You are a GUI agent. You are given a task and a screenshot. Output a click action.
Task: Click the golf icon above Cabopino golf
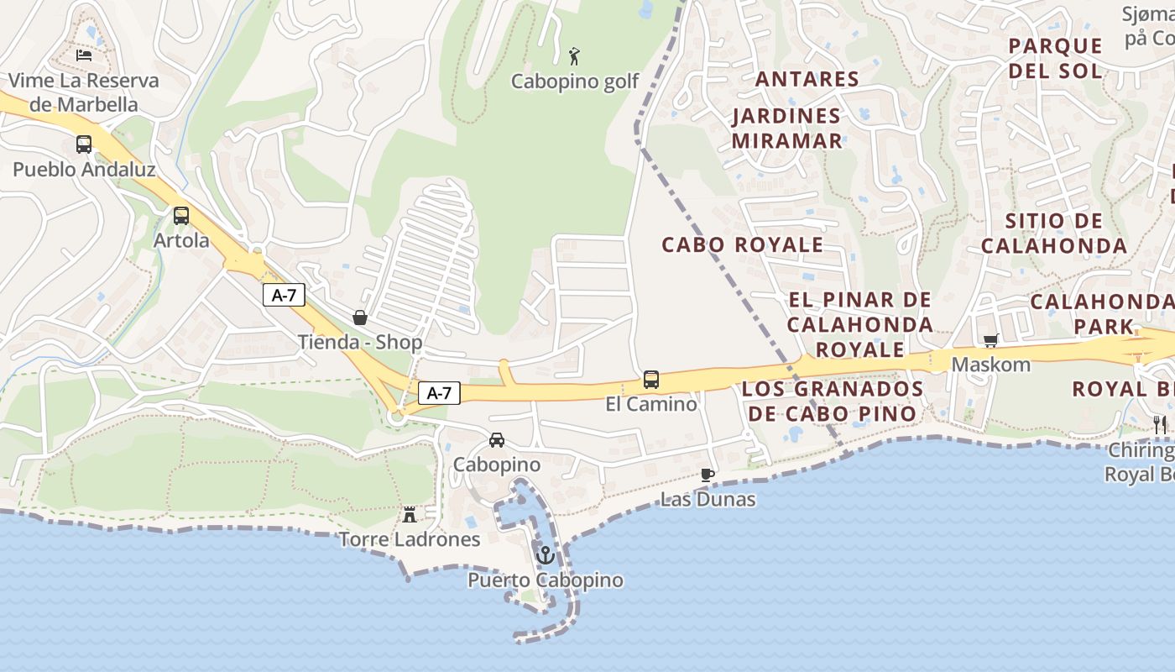(574, 56)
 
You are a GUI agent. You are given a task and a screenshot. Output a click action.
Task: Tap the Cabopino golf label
(575, 81)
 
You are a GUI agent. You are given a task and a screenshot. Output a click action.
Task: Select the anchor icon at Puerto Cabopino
(546, 555)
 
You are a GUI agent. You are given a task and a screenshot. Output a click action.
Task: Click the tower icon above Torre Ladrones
(410, 514)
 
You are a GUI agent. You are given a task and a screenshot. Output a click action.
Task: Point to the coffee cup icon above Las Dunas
(708, 475)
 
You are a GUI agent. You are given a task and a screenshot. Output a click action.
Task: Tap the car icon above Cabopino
(497, 440)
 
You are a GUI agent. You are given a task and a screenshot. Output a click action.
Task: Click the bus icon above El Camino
(651, 380)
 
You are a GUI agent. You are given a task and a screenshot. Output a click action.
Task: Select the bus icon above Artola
(181, 216)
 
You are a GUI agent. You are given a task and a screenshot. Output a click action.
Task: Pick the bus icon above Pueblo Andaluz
(84, 144)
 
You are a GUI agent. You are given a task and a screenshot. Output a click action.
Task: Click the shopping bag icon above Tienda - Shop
(360, 318)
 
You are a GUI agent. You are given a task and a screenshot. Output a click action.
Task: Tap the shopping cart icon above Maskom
(991, 341)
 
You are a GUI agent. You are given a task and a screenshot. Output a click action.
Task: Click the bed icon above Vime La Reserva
(84, 55)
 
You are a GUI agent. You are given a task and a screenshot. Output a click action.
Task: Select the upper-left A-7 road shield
(284, 295)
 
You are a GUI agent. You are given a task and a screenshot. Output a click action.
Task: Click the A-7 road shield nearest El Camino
(440, 392)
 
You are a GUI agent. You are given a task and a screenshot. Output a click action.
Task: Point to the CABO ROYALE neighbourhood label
(742, 244)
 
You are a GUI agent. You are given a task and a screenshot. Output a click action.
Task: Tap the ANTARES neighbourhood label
(807, 79)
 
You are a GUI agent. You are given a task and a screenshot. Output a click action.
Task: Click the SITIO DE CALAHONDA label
(1053, 234)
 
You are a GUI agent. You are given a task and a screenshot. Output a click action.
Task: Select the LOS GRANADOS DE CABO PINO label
(832, 401)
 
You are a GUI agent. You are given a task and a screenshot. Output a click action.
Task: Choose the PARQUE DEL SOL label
(1055, 58)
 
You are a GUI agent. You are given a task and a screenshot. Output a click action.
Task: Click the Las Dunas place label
(708, 500)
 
